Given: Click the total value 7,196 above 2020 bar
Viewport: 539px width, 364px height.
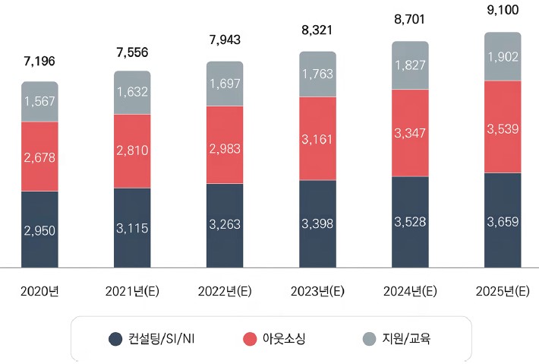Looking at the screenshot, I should [x=39, y=61].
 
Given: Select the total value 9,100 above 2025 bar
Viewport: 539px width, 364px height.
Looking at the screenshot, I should [x=503, y=12].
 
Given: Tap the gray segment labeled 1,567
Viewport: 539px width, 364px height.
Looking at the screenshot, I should [x=39, y=102].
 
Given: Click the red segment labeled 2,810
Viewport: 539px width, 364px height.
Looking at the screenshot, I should [x=132, y=151].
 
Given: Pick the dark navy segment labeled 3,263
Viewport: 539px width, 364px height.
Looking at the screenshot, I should [x=225, y=225].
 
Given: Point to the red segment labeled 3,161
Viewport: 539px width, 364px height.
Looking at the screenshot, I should [x=317, y=139].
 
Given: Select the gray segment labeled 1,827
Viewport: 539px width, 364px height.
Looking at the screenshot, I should [x=410, y=65].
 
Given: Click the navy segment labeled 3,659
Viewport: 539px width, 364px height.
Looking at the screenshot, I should [x=503, y=220].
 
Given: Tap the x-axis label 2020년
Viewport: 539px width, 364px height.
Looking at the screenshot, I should [x=39, y=291].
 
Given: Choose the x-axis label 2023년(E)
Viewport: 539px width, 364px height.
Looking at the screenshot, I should [x=317, y=291].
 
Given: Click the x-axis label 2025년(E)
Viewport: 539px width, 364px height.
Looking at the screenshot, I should [x=503, y=291].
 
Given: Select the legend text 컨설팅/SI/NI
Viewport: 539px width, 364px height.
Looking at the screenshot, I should [x=162, y=339].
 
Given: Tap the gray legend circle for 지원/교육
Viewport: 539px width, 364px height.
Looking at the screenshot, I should [x=369, y=339].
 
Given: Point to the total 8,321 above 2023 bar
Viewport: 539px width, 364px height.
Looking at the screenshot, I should [x=317, y=31].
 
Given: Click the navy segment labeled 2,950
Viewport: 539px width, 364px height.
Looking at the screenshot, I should [x=39, y=229].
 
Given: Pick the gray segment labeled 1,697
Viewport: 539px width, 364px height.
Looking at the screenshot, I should [x=225, y=84].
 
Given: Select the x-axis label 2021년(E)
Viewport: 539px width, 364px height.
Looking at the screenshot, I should [x=132, y=291].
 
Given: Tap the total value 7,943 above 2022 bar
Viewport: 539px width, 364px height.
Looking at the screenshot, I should [x=225, y=40].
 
